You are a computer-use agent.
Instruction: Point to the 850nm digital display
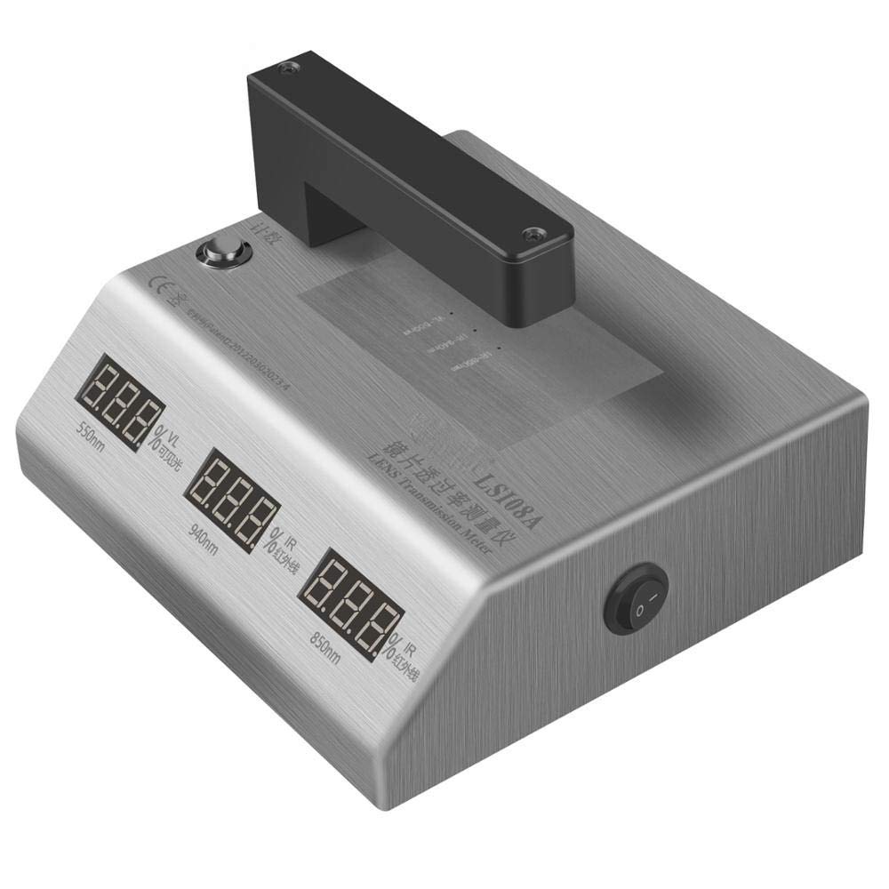click(x=350, y=605)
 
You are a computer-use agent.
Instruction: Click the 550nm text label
click(x=92, y=438)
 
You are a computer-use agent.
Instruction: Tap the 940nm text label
click(x=204, y=534)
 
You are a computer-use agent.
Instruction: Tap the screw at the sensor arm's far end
click(x=286, y=68)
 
